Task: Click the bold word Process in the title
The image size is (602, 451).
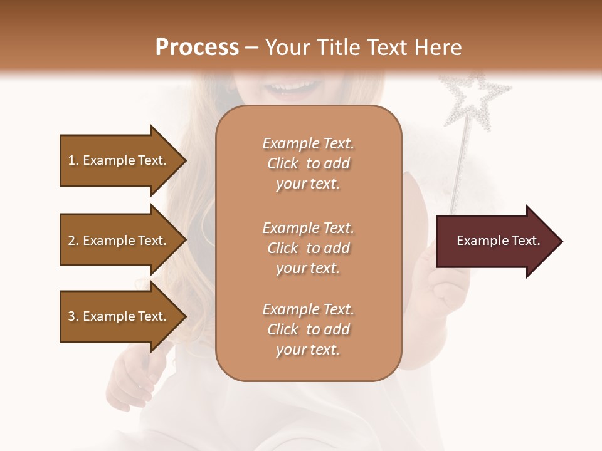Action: pos(197,48)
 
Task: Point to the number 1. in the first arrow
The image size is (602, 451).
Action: pos(73,160)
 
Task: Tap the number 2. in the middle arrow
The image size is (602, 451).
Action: pos(73,241)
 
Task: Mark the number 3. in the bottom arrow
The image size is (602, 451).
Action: pos(73,316)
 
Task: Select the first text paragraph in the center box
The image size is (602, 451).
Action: pos(308,163)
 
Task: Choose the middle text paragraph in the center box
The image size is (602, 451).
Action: pos(308,248)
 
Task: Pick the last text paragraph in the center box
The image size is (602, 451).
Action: pos(308,329)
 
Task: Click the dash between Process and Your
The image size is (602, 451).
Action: pos(251,48)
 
